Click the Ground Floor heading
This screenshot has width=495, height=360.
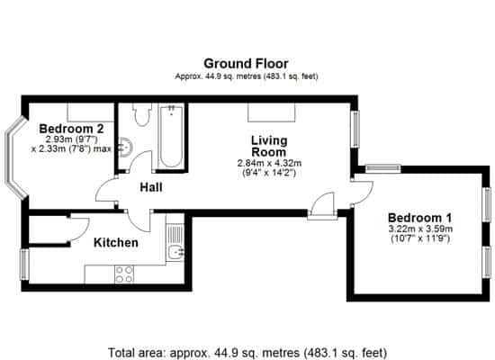pyautogui.click(x=246, y=64)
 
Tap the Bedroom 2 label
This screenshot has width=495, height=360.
pyautogui.click(x=71, y=129)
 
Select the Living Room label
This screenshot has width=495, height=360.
pyautogui.click(x=269, y=146)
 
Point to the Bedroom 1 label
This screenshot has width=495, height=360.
pyautogui.click(x=420, y=218)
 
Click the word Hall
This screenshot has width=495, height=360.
pyautogui.click(x=151, y=187)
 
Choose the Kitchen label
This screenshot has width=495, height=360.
pyautogui.click(x=116, y=242)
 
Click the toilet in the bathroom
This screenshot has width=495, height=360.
pyautogui.click(x=141, y=114)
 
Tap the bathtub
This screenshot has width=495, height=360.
pyautogui.click(x=171, y=137)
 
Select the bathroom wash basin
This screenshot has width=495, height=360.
pyautogui.click(x=126, y=148)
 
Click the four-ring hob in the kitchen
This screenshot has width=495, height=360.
pyautogui.click(x=124, y=274)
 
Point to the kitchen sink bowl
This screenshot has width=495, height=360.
pyautogui.click(x=175, y=253)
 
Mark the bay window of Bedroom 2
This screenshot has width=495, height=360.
pyautogui.click(x=14, y=157)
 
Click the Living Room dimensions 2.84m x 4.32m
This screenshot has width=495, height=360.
pyautogui.click(x=269, y=163)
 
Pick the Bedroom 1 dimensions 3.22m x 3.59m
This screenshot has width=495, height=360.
pyautogui.click(x=420, y=229)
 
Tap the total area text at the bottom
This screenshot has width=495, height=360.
pyautogui.click(x=247, y=353)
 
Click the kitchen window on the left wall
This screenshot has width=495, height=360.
pyautogui.click(x=24, y=265)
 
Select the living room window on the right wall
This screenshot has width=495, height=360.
pyautogui.click(x=356, y=129)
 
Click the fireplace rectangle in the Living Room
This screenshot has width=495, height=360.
pyautogui.click(x=272, y=112)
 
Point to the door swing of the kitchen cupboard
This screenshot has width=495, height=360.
pyautogui.click(x=79, y=229)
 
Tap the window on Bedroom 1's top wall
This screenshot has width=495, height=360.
pyautogui.click(x=383, y=168)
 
